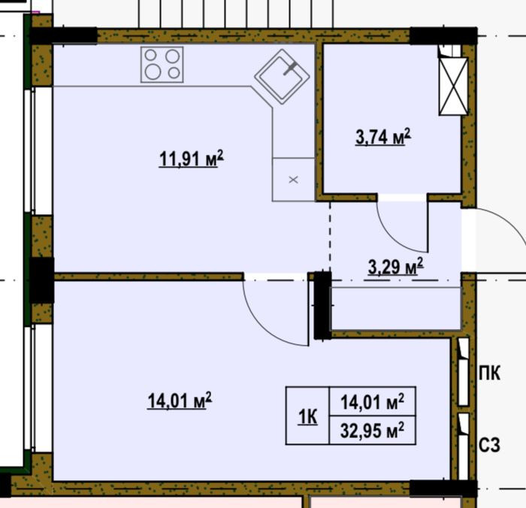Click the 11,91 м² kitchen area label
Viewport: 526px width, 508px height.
coord(191,159)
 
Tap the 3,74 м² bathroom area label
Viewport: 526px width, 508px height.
coord(383,137)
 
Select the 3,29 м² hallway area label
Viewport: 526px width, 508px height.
coord(396,267)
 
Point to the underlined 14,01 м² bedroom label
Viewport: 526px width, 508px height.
coord(180,401)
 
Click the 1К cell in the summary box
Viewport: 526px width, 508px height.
coord(307,417)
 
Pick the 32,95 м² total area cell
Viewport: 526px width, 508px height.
coord(373,431)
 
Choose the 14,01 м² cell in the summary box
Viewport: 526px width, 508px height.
coord(373,401)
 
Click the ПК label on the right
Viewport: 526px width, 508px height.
coord(489,373)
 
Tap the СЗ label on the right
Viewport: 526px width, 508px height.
coord(489,445)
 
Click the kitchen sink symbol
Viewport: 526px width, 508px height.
coord(282,77)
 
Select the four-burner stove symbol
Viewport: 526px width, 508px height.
coord(162,65)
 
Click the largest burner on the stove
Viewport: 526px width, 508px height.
coord(153,72)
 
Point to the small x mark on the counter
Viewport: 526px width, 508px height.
coord(294,180)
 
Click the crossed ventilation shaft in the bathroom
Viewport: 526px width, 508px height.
coord(453,86)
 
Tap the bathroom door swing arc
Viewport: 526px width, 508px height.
coord(393,237)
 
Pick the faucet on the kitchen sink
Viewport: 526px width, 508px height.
coord(289,69)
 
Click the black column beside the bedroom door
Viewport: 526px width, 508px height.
coord(322,305)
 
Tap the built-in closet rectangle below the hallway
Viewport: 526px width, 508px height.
coord(396,309)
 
